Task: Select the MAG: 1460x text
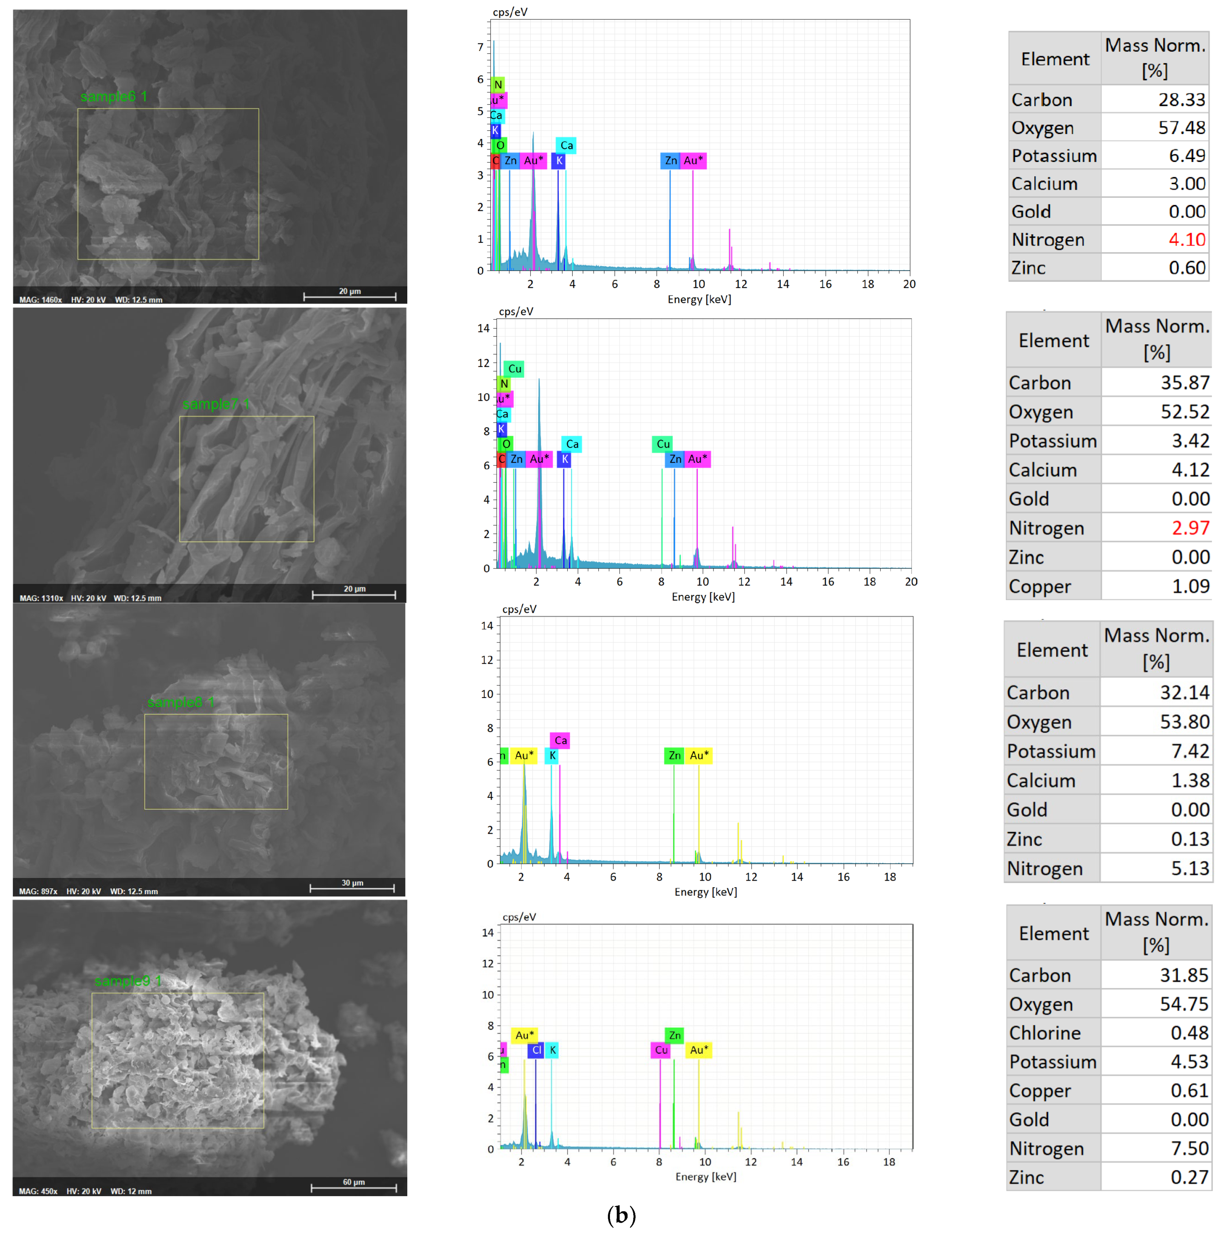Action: pos(40,300)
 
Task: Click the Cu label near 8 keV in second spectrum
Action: pos(663,444)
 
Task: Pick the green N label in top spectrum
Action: pos(498,84)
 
